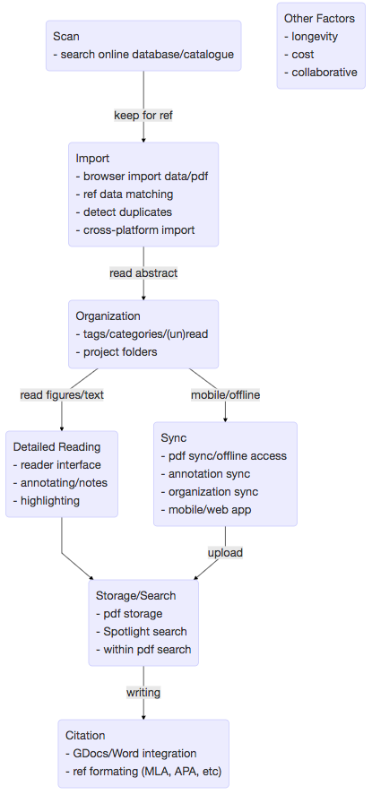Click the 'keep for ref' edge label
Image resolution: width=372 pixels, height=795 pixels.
coord(143,116)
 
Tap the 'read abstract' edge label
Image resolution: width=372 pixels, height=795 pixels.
coord(143,273)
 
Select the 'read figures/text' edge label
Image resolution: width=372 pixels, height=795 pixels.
coord(62,395)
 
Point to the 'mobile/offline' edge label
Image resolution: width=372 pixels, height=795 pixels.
coord(226,395)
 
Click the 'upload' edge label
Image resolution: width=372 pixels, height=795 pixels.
coord(226,553)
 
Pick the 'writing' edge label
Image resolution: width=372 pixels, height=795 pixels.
coord(143,692)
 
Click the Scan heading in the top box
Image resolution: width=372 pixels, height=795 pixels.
coord(66,36)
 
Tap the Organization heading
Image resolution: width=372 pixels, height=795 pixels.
coord(108,315)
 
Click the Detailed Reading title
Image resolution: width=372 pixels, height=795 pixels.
coord(56,446)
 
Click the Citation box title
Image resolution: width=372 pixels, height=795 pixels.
coord(85,735)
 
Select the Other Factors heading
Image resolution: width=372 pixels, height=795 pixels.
coord(319,19)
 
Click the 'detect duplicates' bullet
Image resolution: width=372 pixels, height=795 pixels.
coord(124,212)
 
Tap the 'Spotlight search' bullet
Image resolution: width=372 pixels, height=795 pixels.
coord(142,631)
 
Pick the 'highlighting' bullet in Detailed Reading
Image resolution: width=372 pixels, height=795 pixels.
coord(46,501)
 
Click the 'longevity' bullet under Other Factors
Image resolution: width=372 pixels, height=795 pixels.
coord(311,37)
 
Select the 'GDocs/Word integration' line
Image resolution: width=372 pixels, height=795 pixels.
coord(131,754)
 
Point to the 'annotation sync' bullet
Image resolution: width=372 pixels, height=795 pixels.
coord(205,474)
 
